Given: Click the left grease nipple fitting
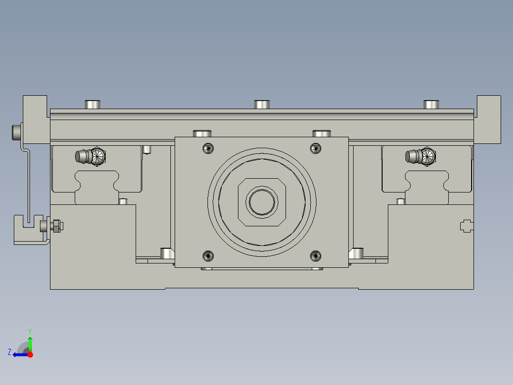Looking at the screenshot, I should [90, 156].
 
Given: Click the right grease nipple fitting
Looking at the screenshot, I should [421, 156].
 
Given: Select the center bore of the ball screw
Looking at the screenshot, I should [261, 202].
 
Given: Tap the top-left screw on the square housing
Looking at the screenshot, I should [207, 148].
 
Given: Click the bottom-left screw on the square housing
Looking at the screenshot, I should [207, 256].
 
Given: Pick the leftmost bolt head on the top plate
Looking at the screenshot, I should [93, 104].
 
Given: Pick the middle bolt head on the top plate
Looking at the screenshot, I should [262, 104].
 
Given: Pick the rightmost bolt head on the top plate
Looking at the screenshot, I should [432, 104].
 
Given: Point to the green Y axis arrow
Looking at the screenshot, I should [30, 343].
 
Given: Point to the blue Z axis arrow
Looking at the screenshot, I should [19, 354].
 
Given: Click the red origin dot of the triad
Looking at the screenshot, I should [30, 354].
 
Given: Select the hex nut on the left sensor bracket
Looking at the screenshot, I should [56, 226].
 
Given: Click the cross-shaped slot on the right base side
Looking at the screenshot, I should [466, 226].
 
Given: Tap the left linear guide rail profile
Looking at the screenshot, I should [96, 186].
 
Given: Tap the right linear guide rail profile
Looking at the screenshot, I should [427, 186].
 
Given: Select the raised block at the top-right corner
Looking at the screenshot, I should [488, 119].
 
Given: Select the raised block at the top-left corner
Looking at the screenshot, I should [35, 119].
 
